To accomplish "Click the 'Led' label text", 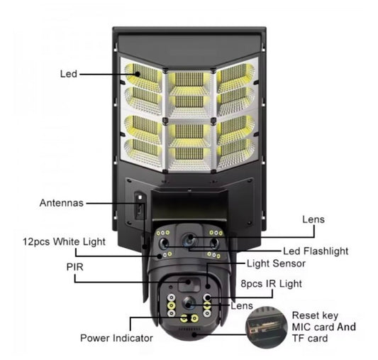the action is point(69,74).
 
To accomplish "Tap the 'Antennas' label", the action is point(62,203).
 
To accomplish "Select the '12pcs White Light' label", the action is point(64,241).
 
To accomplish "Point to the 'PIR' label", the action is point(74,267).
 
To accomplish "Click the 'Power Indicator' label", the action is point(116,338).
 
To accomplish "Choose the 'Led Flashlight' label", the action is point(316,251).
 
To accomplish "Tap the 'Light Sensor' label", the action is point(276,263).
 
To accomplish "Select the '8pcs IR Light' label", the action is point(271,284).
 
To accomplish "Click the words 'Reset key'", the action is point(315,315).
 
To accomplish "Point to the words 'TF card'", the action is point(310,338).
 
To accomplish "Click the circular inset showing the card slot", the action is point(266,327).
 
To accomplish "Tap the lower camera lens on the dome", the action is point(189,302).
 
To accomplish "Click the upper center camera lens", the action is point(189,239).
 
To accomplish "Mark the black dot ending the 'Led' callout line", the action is point(138,74).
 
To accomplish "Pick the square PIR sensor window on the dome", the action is point(189,284).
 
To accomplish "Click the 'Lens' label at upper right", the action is point(313,219).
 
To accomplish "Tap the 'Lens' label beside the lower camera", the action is point(242,306).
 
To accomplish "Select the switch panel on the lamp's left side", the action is point(140,205).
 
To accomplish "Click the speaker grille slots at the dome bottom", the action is point(189,329).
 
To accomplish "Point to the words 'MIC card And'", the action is point(324,327).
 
